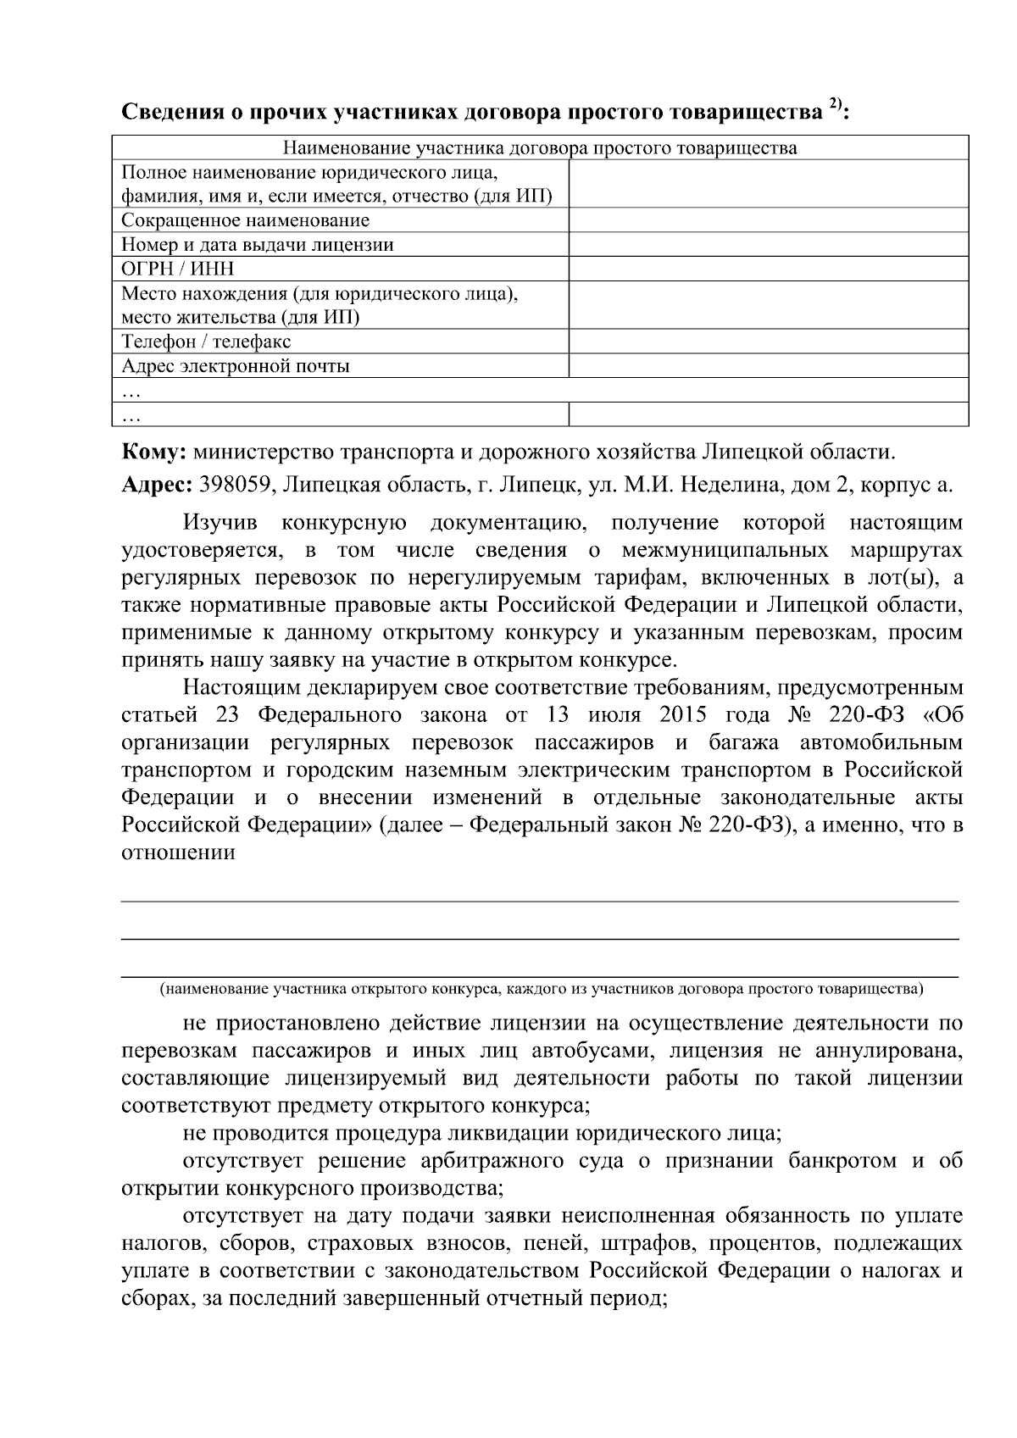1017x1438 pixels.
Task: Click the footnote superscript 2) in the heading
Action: click(835, 105)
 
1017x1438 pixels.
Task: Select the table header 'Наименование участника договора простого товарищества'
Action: click(539, 148)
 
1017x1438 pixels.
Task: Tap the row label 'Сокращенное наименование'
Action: click(246, 221)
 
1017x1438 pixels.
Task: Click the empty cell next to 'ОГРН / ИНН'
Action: click(768, 269)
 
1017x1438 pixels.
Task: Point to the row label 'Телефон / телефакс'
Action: click(206, 342)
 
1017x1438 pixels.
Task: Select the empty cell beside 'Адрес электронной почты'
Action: click(768, 367)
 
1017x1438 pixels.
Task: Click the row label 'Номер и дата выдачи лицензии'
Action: click(258, 246)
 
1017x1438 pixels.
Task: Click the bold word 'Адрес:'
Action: click(157, 486)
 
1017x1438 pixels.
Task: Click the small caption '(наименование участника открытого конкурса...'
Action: click(542, 989)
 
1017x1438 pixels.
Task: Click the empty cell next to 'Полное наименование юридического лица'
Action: click(768, 185)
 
